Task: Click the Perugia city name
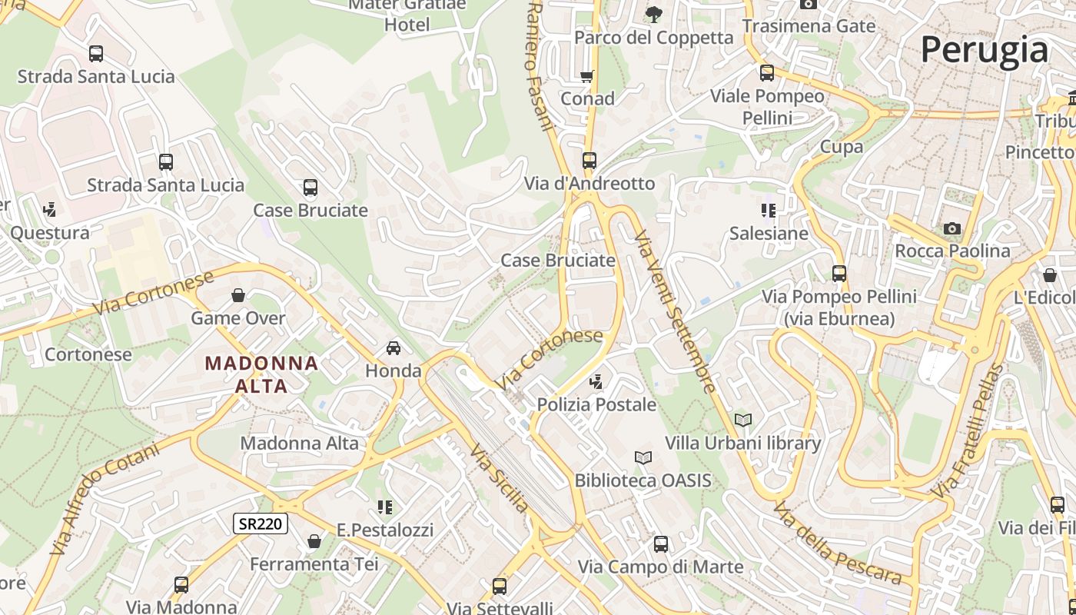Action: click(x=984, y=50)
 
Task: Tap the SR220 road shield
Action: click(x=261, y=524)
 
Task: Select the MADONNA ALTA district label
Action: click(x=261, y=374)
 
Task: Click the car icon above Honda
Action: click(x=394, y=348)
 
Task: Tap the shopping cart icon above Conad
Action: click(x=587, y=76)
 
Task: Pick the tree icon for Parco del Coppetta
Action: click(x=654, y=14)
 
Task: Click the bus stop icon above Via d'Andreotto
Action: click(x=589, y=161)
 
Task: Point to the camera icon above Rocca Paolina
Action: click(x=952, y=228)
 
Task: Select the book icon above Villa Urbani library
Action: click(x=742, y=420)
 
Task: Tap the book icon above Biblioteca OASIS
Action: click(x=643, y=458)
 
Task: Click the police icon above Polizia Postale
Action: click(x=596, y=381)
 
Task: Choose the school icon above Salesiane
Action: click(x=768, y=210)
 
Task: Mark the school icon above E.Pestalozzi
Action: click(x=385, y=507)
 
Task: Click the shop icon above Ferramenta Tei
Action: click(x=314, y=541)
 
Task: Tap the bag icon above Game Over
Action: click(x=238, y=295)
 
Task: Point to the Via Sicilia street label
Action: click(x=500, y=478)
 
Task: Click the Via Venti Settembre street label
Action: click(x=676, y=311)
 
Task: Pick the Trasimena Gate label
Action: click(x=809, y=26)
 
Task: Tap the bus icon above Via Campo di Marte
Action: click(x=660, y=544)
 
